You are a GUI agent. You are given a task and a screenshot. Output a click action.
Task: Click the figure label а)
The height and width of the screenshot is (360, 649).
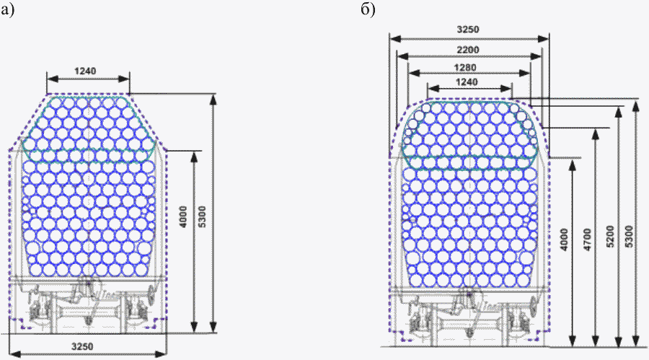[x=7, y=9]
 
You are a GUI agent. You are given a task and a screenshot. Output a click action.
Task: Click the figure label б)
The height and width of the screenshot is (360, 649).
[x=368, y=9]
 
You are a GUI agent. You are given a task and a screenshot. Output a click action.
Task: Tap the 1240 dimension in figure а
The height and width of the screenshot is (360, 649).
[x=85, y=71]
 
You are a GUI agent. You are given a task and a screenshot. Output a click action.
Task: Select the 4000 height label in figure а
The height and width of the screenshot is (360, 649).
[x=183, y=216]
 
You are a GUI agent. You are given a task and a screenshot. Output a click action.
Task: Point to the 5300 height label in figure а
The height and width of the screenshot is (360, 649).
[x=202, y=216]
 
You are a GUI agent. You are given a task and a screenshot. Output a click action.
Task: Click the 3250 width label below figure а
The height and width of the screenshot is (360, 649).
[x=82, y=346]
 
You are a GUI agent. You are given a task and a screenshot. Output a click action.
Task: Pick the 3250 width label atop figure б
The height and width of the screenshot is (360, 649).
[x=468, y=30]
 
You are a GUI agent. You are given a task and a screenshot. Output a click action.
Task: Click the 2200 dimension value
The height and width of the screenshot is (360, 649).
[x=468, y=50]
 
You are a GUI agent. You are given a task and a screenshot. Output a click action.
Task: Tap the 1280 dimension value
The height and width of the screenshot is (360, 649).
[x=465, y=67]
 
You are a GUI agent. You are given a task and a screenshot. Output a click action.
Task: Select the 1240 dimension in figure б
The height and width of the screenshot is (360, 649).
[x=467, y=82]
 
